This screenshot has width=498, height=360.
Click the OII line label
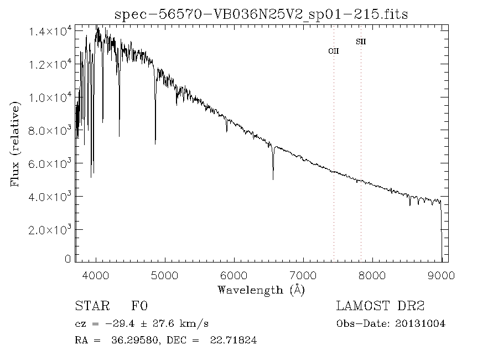(x=334, y=51)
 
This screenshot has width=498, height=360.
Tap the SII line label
(x=361, y=42)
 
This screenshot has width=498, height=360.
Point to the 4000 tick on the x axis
(x=96, y=275)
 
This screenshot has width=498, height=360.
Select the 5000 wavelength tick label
(x=165, y=275)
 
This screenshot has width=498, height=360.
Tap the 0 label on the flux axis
(x=68, y=259)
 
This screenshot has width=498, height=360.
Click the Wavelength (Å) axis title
(x=261, y=290)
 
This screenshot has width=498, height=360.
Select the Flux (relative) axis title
(x=16, y=143)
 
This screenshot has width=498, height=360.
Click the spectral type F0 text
(x=139, y=306)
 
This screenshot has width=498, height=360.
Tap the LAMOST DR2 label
(x=381, y=306)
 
